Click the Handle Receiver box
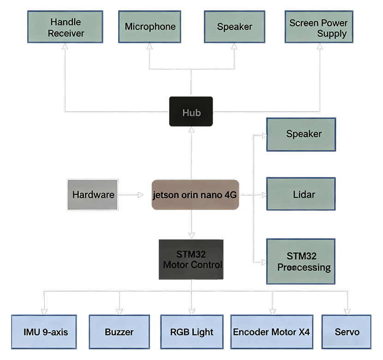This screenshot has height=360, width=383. pyautogui.click(x=66, y=27)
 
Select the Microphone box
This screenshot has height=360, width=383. pyautogui.click(x=150, y=27)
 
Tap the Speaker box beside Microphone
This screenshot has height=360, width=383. pyautogui.click(x=234, y=27)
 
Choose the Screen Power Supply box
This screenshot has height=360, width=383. pyautogui.click(x=319, y=27)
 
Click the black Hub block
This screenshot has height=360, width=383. pyautogui.click(x=191, y=112)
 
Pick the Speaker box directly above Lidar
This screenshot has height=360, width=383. pyautogui.click(x=301, y=134)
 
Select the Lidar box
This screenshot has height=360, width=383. pyautogui.click(x=301, y=194)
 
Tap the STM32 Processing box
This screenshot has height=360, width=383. pyautogui.click(x=300, y=261)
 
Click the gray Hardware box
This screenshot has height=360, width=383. pyautogui.click(x=92, y=195)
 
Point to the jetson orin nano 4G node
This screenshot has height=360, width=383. pyautogui.click(x=195, y=195)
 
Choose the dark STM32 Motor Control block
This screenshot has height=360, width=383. pyautogui.click(x=191, y=259)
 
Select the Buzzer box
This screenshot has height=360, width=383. pyautogui.click(x=119, y=332)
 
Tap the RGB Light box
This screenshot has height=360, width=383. pyautogui.click(x=191, y=332)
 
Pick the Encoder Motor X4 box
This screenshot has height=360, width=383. pyautogui.click(x=271, y=332)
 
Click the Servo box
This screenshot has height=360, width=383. pyautogui.click(x=346, y=332)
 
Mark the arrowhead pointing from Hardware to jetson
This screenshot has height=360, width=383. pyautogui.click(x=140, y=195)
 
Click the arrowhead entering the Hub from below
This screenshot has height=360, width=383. pyautogui.click(x=191, y=130)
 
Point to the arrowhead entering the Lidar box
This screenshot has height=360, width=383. pyautogui.click(x=263, y=195)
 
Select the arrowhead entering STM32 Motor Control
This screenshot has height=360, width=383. pyautogui.click(x=191, y=235)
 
